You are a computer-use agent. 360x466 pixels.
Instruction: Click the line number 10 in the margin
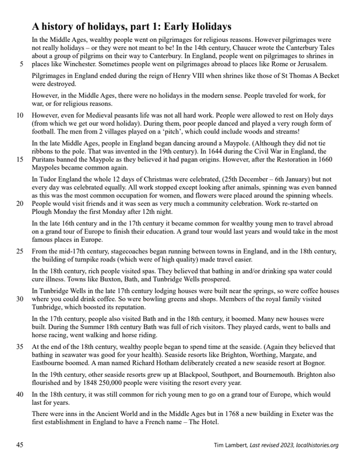[x=19, y=116]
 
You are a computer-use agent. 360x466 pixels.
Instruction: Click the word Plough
[x=44, y=213]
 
